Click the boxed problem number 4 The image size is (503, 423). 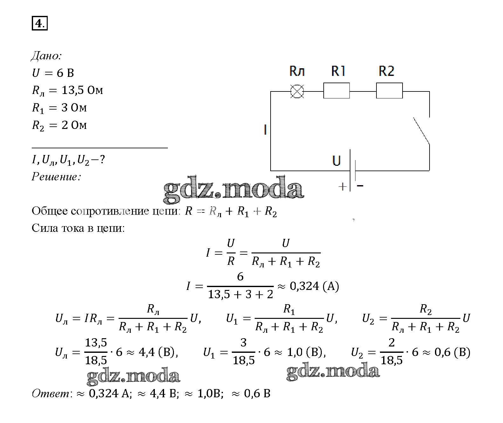click(40, 23)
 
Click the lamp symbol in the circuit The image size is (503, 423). click(297, 91)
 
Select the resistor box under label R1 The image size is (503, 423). click(336, 91)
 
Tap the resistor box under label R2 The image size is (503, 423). click(389, 91)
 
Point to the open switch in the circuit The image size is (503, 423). click(422, 131)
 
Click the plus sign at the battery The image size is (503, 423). click(342, 186)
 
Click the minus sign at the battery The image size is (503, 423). click(360, 185)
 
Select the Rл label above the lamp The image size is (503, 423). click(297, 71)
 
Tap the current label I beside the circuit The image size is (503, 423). click(265, 130)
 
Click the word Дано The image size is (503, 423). click(46, 56)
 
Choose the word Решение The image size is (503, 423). click(56, 177)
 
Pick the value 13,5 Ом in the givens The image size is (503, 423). click(82, 91)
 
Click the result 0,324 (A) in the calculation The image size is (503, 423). click(314, 286)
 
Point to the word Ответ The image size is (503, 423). click(51, 394)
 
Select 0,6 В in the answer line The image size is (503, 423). click(257, 394)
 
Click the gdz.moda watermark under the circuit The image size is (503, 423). click(233, 190)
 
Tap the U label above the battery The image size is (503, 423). click(336, 160)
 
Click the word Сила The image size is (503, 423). click(45, 228)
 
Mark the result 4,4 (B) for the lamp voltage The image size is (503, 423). click(158, 352)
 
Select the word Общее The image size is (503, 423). click(50, 211)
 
